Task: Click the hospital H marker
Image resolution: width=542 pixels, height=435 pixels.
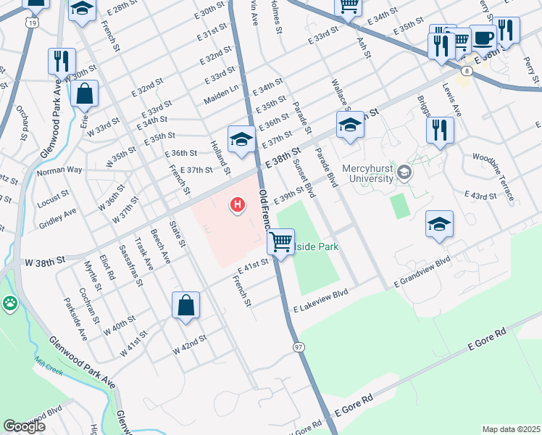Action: click(237, 206)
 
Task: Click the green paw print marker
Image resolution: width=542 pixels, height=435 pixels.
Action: click(10, 304)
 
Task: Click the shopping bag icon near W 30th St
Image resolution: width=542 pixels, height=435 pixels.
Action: click(85, 94)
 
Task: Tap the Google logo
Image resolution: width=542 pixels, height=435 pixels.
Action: click(24, 426)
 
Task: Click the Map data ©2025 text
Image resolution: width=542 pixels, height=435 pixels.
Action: click(511, 429)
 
